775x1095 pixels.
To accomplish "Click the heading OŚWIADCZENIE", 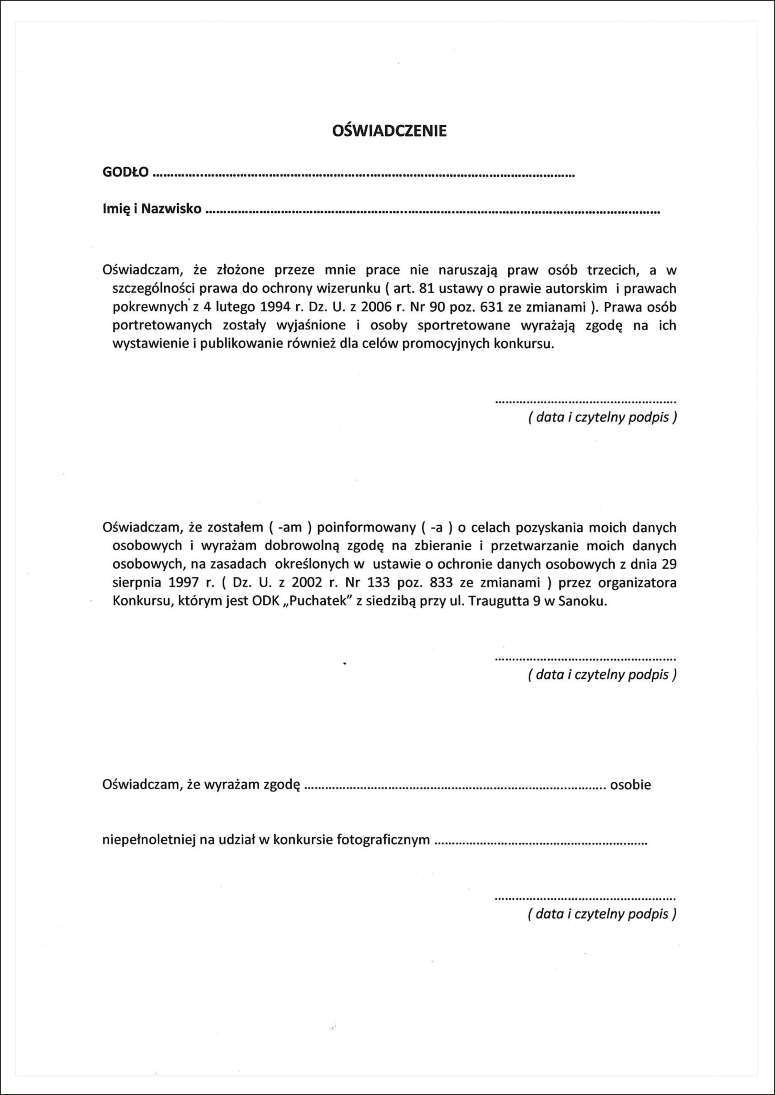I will point(389,131).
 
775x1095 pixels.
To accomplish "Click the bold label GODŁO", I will point(126,172).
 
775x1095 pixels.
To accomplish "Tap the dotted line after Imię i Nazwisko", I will point(432,211).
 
